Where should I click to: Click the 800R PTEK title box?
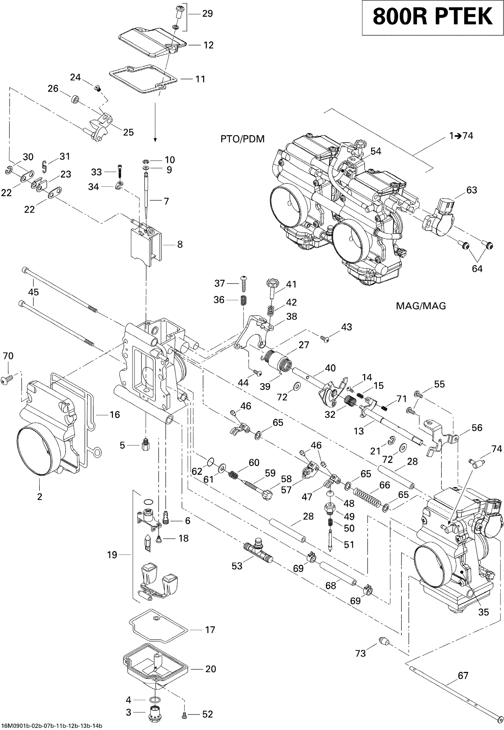coord(432,17)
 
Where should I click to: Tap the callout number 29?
coord(207,14)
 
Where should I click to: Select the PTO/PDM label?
coord(242,139)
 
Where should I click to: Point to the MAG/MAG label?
coord(421,306)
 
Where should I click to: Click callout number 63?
coord(471,190)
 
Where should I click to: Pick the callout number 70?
coord(8,356)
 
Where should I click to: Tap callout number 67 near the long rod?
coord(463,676)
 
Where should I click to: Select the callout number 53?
coord(237,566)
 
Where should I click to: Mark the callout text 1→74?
coord(461,136)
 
